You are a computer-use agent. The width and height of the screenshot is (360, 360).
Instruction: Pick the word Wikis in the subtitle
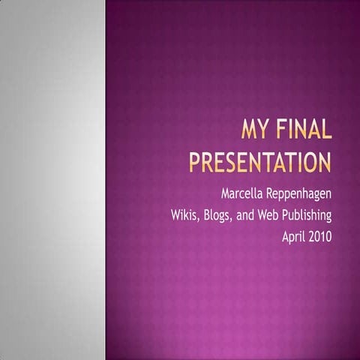click(185, 217)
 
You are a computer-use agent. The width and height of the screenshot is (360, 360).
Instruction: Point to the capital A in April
click(284, 237)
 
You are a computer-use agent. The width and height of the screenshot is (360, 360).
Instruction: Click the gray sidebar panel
click(52, 180)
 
